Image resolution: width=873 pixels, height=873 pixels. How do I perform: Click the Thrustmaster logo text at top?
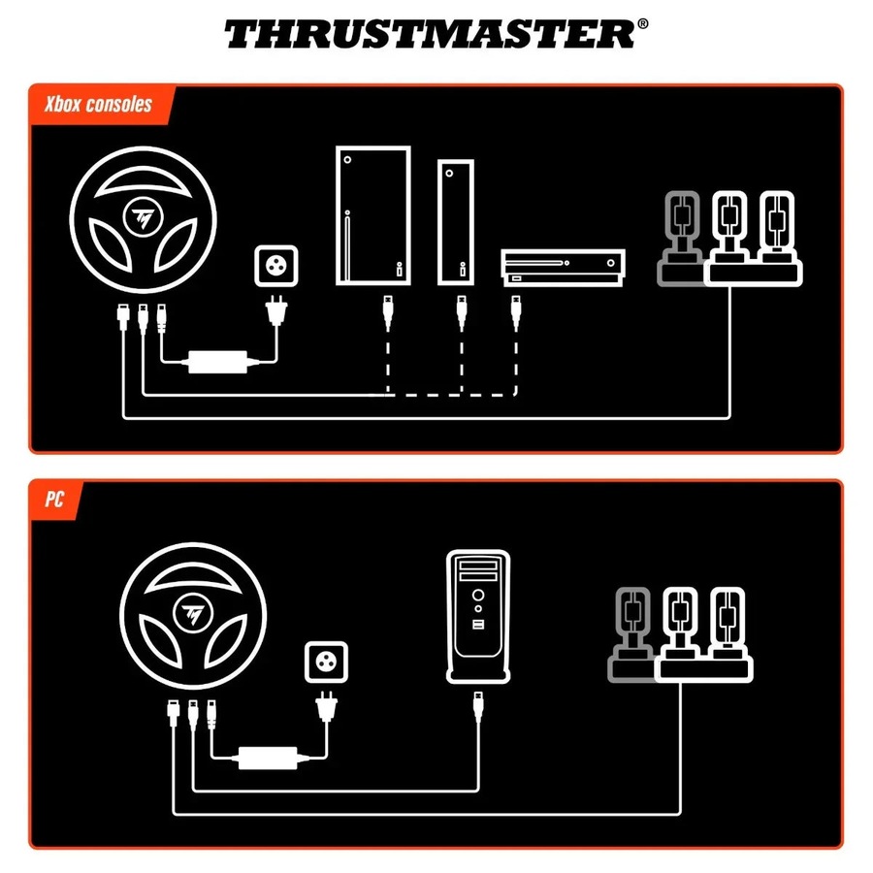pos(427,34)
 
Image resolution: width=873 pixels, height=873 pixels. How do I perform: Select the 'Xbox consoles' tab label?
pos(98,104)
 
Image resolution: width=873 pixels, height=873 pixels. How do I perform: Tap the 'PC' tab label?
pos(54,500)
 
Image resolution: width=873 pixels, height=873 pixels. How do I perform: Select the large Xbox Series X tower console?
pos(372,215)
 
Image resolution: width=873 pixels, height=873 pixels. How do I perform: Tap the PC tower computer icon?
pos(478,616)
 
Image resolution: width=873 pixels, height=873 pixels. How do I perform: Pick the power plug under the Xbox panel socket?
pos(275,316)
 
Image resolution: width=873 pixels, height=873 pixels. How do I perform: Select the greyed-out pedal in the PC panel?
pos(631,630)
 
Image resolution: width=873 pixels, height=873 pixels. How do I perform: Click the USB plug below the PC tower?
pos(478,703)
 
